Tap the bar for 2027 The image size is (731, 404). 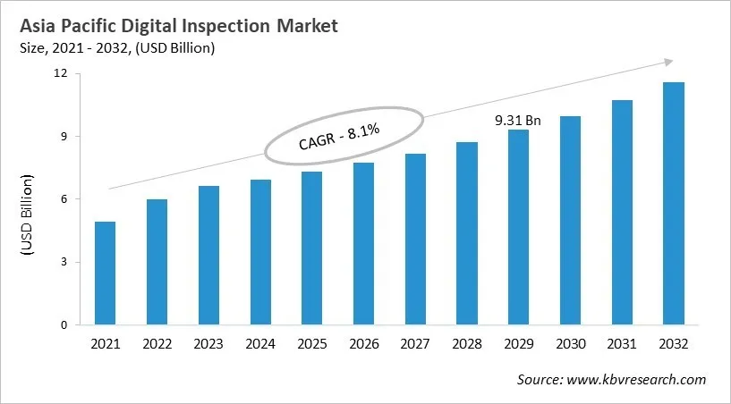coord(414,240)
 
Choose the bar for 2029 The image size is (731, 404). coord(518,227)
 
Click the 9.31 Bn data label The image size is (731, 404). coord(517,119)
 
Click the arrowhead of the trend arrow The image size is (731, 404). coord(667,62)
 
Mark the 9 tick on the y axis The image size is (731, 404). coord(64,137)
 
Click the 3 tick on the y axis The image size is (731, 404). coord(64,262)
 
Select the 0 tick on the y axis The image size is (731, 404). coord(64,325)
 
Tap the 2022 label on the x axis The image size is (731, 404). coord(157,343)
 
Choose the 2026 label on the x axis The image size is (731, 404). coord(362,343)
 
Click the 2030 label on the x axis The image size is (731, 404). coord(569,343)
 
